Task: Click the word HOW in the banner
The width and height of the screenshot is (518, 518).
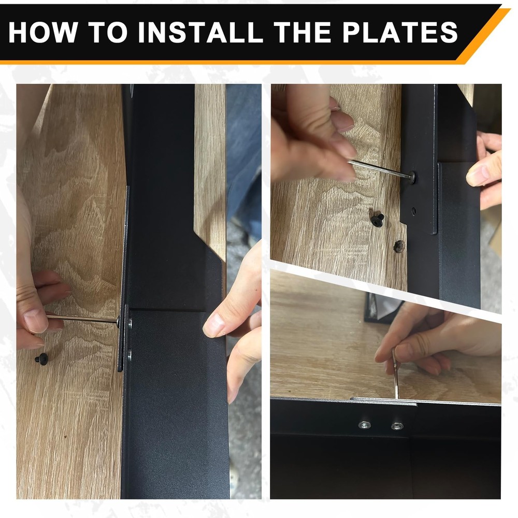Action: coord(42,32)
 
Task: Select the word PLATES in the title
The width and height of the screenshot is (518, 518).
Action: coord(400,32)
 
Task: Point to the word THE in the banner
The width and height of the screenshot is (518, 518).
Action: coord(303,32)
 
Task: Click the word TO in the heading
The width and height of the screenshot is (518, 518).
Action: coord(108,32)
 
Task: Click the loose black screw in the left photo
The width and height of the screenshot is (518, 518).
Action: coord(42,358)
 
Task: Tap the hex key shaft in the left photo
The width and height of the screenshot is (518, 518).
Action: coord(82,319)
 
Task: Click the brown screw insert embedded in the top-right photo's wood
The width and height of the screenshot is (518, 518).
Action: coord(399,246)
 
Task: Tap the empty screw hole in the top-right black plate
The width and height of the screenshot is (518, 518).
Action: coord(413,210)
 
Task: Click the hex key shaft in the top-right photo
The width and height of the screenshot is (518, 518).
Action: coord(382,169)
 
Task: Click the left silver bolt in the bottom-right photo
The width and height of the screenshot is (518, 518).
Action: coord(364,425)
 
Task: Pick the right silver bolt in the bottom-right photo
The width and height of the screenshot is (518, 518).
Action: coord(397,426)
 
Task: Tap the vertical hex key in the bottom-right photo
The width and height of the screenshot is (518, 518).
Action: coord(395,373)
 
